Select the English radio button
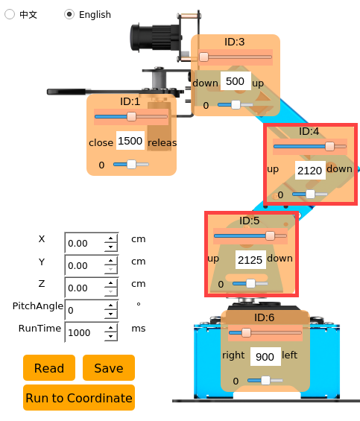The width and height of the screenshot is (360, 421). pos(69,14)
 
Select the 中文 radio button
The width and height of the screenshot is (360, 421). pos(10,14)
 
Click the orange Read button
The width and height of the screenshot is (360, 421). pos(49,368)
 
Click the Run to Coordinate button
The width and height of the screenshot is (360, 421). pos(79,398)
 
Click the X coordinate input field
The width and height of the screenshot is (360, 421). pos(84,243)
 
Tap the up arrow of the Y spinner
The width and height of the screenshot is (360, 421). pos(111,261)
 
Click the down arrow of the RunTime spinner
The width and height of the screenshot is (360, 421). pos(111,336)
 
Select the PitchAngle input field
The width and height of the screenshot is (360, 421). pos(84,310)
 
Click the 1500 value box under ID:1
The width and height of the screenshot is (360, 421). pos(130,141)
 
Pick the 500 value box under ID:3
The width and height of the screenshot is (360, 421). pos(236,81)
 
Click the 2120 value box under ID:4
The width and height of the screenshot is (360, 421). pos(310,171)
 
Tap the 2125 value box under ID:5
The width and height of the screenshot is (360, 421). pos(250,260)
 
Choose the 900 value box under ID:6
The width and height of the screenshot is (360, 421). pos(265,357)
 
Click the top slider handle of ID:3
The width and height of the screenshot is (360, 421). pos(204,57)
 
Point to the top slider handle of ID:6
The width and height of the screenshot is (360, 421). pos(246,333)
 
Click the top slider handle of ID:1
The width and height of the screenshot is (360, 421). pos(131,117)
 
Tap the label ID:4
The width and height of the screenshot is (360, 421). pos(309,131)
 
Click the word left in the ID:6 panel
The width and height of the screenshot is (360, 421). pos(290,355)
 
